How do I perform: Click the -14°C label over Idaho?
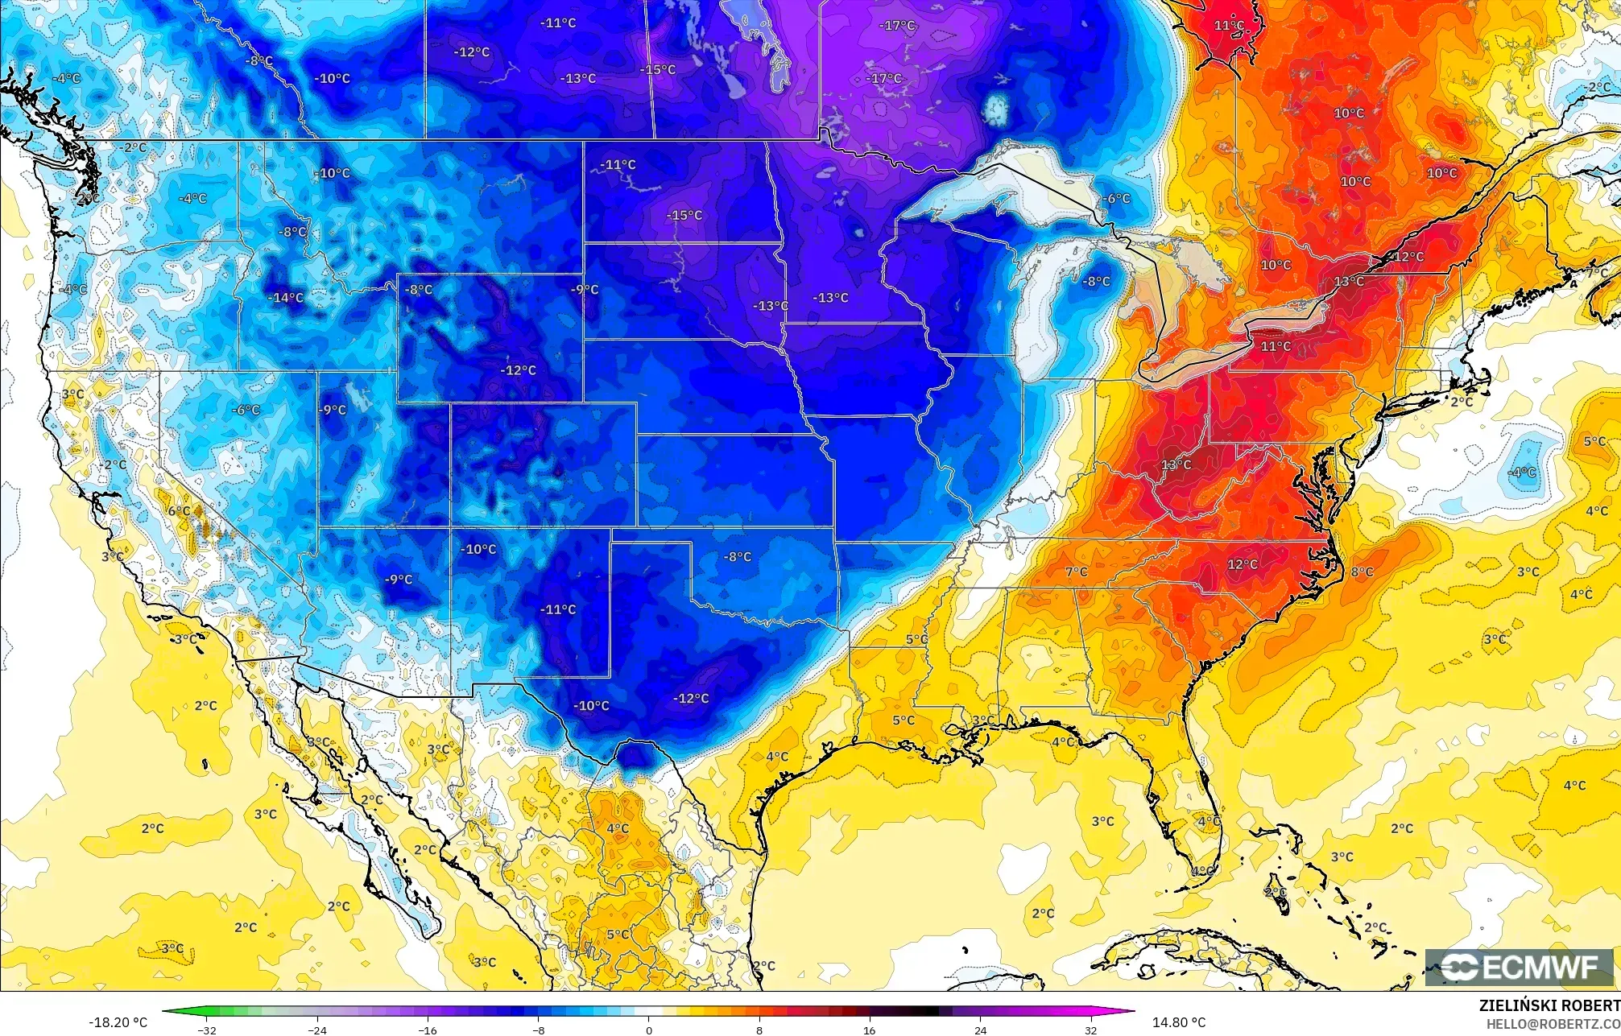pos(287,298)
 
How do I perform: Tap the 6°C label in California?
pos(179,511)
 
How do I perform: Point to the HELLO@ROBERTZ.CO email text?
pos(1553,1024)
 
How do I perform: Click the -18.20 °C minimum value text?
pos(118,1022)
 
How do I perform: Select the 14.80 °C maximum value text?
pos(1178,1022)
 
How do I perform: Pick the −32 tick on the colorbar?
pos(208,1030)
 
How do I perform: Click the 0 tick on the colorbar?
pos(649,1030)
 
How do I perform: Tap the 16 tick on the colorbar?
pos(870,1030)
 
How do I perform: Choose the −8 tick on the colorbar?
pos(538,1030)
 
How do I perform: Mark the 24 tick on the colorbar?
pos(980,1030)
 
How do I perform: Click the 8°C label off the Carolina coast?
pos(1362,572)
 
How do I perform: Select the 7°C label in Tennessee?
pos(1077,572)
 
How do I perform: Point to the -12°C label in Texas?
pos(691,698)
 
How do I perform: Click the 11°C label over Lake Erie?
pos(1276,346)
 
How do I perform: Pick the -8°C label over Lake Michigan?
pos(1097,282)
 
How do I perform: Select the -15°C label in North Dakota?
pos(684,216)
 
